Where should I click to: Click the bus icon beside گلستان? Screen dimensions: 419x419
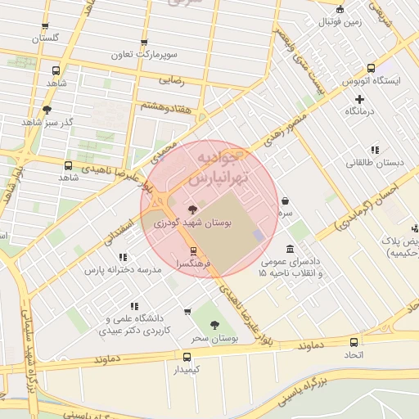(x=44, y=25)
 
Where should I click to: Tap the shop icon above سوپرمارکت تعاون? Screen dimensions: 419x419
(x=144, y=43)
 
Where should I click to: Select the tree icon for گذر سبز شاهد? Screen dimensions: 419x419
(x=47, y=110)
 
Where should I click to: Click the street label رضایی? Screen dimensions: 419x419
(x=172, y=81)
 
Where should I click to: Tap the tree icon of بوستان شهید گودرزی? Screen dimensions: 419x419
(x=193, y=209)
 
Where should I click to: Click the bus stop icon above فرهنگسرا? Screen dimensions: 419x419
(x=193, y=251)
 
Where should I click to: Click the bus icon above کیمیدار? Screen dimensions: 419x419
(x=187, y=357)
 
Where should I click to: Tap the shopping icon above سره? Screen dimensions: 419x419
(x=284, y=200)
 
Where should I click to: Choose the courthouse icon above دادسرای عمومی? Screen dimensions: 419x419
(x=291, y=250)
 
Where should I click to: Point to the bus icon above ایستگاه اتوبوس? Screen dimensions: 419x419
(x=371, y=69)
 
